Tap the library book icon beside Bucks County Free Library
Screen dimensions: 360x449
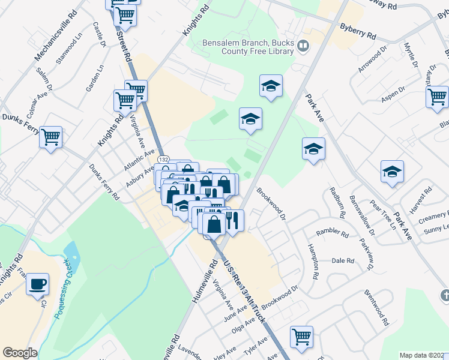click(303, 46)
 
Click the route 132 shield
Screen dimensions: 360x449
click(164, 158)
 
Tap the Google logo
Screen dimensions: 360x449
click(20, 353)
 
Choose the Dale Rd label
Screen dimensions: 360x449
click(343, 261)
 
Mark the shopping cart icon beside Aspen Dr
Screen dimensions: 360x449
click(437, 95)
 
